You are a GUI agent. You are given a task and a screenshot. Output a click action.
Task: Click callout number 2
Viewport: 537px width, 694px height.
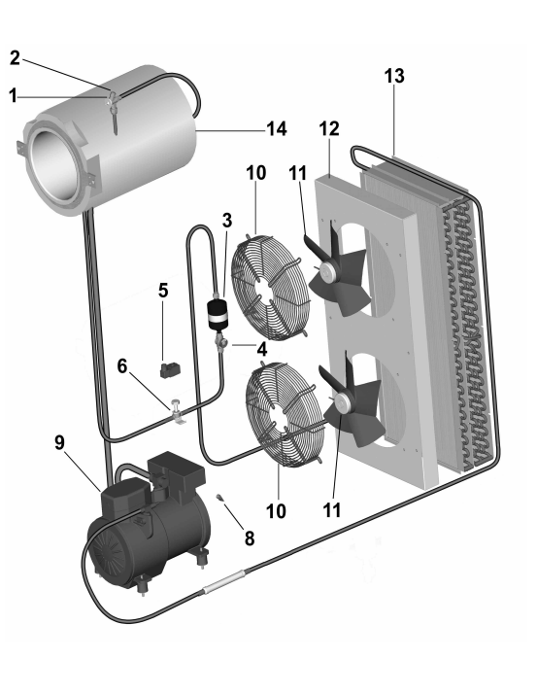coord(15,58)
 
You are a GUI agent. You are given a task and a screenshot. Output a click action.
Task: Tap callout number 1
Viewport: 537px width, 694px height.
coord(14,95)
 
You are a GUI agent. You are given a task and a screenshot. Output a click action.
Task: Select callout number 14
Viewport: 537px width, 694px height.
coord(277,129)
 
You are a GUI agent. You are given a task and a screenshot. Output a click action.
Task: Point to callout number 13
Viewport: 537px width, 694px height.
coord(394,76)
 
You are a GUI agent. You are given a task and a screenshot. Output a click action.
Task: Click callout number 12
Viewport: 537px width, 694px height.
coord(329,128)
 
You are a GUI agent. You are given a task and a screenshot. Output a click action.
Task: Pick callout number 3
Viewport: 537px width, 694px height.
coord(227,221)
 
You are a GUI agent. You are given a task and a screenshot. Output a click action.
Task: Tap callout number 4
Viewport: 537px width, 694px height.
coord(262,349)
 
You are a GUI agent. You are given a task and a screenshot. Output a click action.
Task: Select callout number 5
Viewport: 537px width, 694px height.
coord(163,291)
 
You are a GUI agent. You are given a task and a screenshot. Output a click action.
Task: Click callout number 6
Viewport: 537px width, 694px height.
coord(122,366)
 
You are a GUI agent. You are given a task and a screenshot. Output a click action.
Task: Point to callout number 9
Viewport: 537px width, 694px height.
coord(60,442)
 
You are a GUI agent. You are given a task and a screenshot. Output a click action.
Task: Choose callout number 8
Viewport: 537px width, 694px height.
coord(250,538)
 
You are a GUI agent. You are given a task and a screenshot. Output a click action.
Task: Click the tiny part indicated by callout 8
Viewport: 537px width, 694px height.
coord(219,498)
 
